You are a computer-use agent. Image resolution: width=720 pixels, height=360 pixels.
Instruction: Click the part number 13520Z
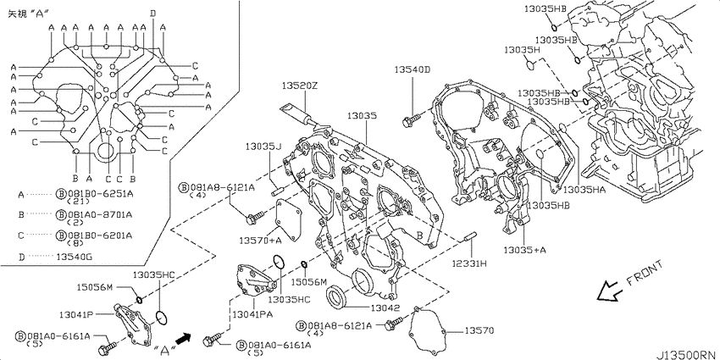[x=301, y=86]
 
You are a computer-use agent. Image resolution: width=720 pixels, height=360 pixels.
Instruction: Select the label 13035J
[x=263, y=147]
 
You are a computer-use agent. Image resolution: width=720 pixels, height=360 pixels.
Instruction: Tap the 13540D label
[x=413, y=69]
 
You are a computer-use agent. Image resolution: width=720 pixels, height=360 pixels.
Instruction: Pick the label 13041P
[x=76, y=314]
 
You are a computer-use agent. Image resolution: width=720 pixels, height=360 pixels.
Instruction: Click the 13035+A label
[x=524, y=250]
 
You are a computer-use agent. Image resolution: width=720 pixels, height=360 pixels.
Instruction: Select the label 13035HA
[x=584, y=189]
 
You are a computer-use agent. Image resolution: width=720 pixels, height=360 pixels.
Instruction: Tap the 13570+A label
[x=260, y=241]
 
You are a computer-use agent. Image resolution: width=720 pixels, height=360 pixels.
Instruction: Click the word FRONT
[x=645, y=274]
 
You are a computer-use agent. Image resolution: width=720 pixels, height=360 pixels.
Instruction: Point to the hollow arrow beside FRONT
[x=609, y=291]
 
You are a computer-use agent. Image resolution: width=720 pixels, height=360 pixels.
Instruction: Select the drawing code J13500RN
[x=686, y=355]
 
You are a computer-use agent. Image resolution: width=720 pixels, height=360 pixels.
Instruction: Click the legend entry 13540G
[x=74, y=257]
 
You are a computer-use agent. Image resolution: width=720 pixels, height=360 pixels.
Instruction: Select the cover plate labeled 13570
[x=427, y=330]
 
